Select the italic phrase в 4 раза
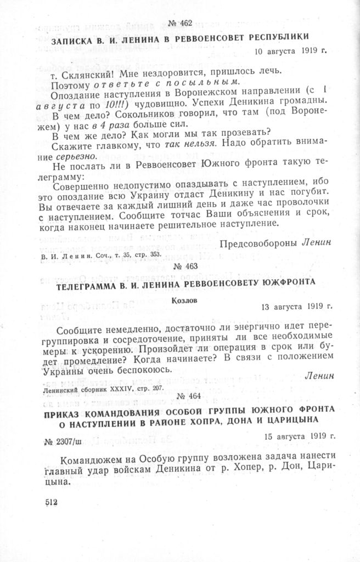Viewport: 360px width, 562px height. tap(111, 124)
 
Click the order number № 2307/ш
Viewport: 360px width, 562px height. tap(63, 441)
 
